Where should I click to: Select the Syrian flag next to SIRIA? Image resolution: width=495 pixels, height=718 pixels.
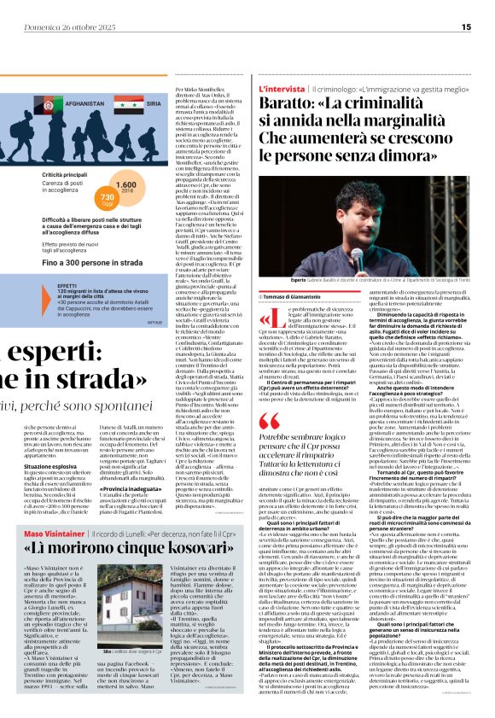pos(129,102)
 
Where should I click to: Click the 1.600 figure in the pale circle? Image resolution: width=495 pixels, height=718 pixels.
pos(125,185)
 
